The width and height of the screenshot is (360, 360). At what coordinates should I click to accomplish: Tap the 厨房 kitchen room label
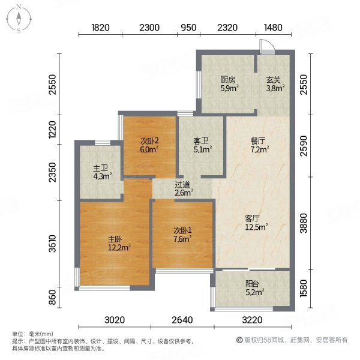[x=227, y=79]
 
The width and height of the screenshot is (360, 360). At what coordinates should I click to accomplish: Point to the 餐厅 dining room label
[x=259, y=142]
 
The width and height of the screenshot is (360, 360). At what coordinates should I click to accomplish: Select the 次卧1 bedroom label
[x=181, y=230]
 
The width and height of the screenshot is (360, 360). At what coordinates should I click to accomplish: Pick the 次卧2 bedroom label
[x=149, y=141]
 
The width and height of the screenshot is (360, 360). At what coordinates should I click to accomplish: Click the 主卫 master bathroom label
[x=100, y=169]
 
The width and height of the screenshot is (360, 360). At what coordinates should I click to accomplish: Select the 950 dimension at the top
[x=188, y=28]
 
